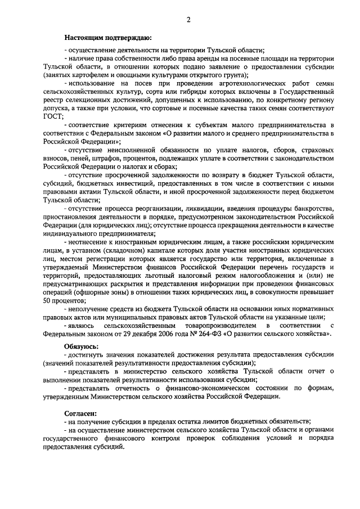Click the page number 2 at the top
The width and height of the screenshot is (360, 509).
[189, 20]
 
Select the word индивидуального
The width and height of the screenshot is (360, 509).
[69, 233]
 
